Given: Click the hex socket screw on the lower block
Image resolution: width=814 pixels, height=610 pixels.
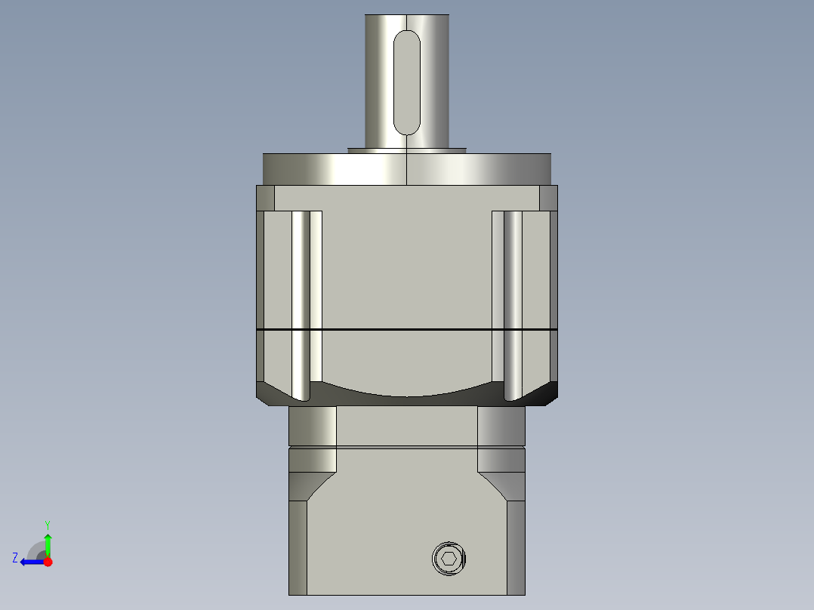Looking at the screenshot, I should (x=449, y=559).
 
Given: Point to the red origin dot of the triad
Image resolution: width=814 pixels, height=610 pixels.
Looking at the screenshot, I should (x=48, y=561).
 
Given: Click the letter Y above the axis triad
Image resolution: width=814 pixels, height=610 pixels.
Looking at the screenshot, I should (x=47, y=524).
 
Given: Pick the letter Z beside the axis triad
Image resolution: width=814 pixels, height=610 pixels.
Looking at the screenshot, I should (x=15, y=558).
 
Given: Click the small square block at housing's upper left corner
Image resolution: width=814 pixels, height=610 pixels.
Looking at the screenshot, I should (x=265, y=199).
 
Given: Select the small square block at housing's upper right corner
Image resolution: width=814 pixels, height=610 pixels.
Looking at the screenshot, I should (x=549, y=199).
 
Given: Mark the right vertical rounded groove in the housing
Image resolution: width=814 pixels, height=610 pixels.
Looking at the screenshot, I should (x=513, y=302).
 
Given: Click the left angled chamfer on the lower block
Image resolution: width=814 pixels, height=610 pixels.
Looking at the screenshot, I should (x=313, y=486).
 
